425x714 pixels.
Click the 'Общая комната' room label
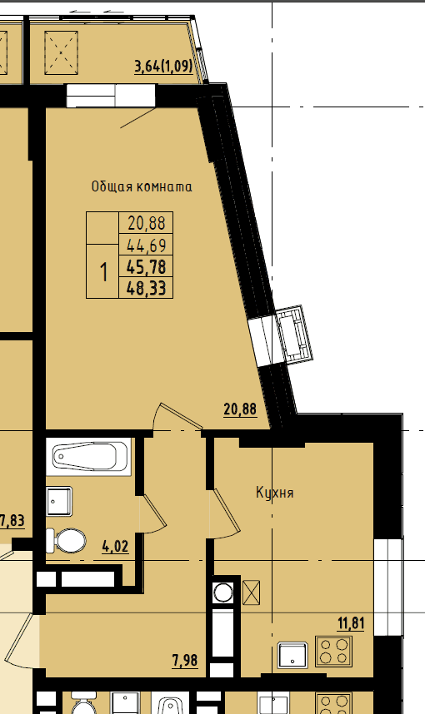pyautogui.click(x=142, y=186)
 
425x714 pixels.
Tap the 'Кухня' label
pyautogui.click(x=274, y=493)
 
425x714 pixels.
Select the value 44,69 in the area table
pyautogui.click(x=147, y=245)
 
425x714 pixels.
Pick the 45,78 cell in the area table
pyautogui.click(x=146, y=267)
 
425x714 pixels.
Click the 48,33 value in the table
pyautogui.click(x=146, y=288)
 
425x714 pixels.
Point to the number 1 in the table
pyautogui.click(x=103, y=272)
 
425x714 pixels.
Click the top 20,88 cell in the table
pyautogui.click(x=147, y=223)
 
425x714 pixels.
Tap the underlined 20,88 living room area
pyautogui.click(x=240, y=409)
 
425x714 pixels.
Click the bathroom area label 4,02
pyautogui.click(x=115, y=546)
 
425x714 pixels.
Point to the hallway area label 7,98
pyautogui.click(x=185, y=660)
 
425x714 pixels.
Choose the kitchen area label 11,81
pyautogui.click(x=351, y=623)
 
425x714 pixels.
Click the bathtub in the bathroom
pyautogui.click(x=89, y=456)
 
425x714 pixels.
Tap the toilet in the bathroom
pyautogui.click(x=66, y=541)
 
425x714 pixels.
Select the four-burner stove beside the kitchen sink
pyautogui.click(x=334, y=651)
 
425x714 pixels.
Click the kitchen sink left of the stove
pyautogui.click(x=292, y=655)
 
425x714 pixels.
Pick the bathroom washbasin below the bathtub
pyautogui.click(x=59, y=501)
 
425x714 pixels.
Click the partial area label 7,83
pyautogui.click(x=12, y=520)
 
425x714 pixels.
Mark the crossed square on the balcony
pyautogui.click(x=61, y=52)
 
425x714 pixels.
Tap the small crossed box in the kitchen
pyautogui.click(x=251, y=593)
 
